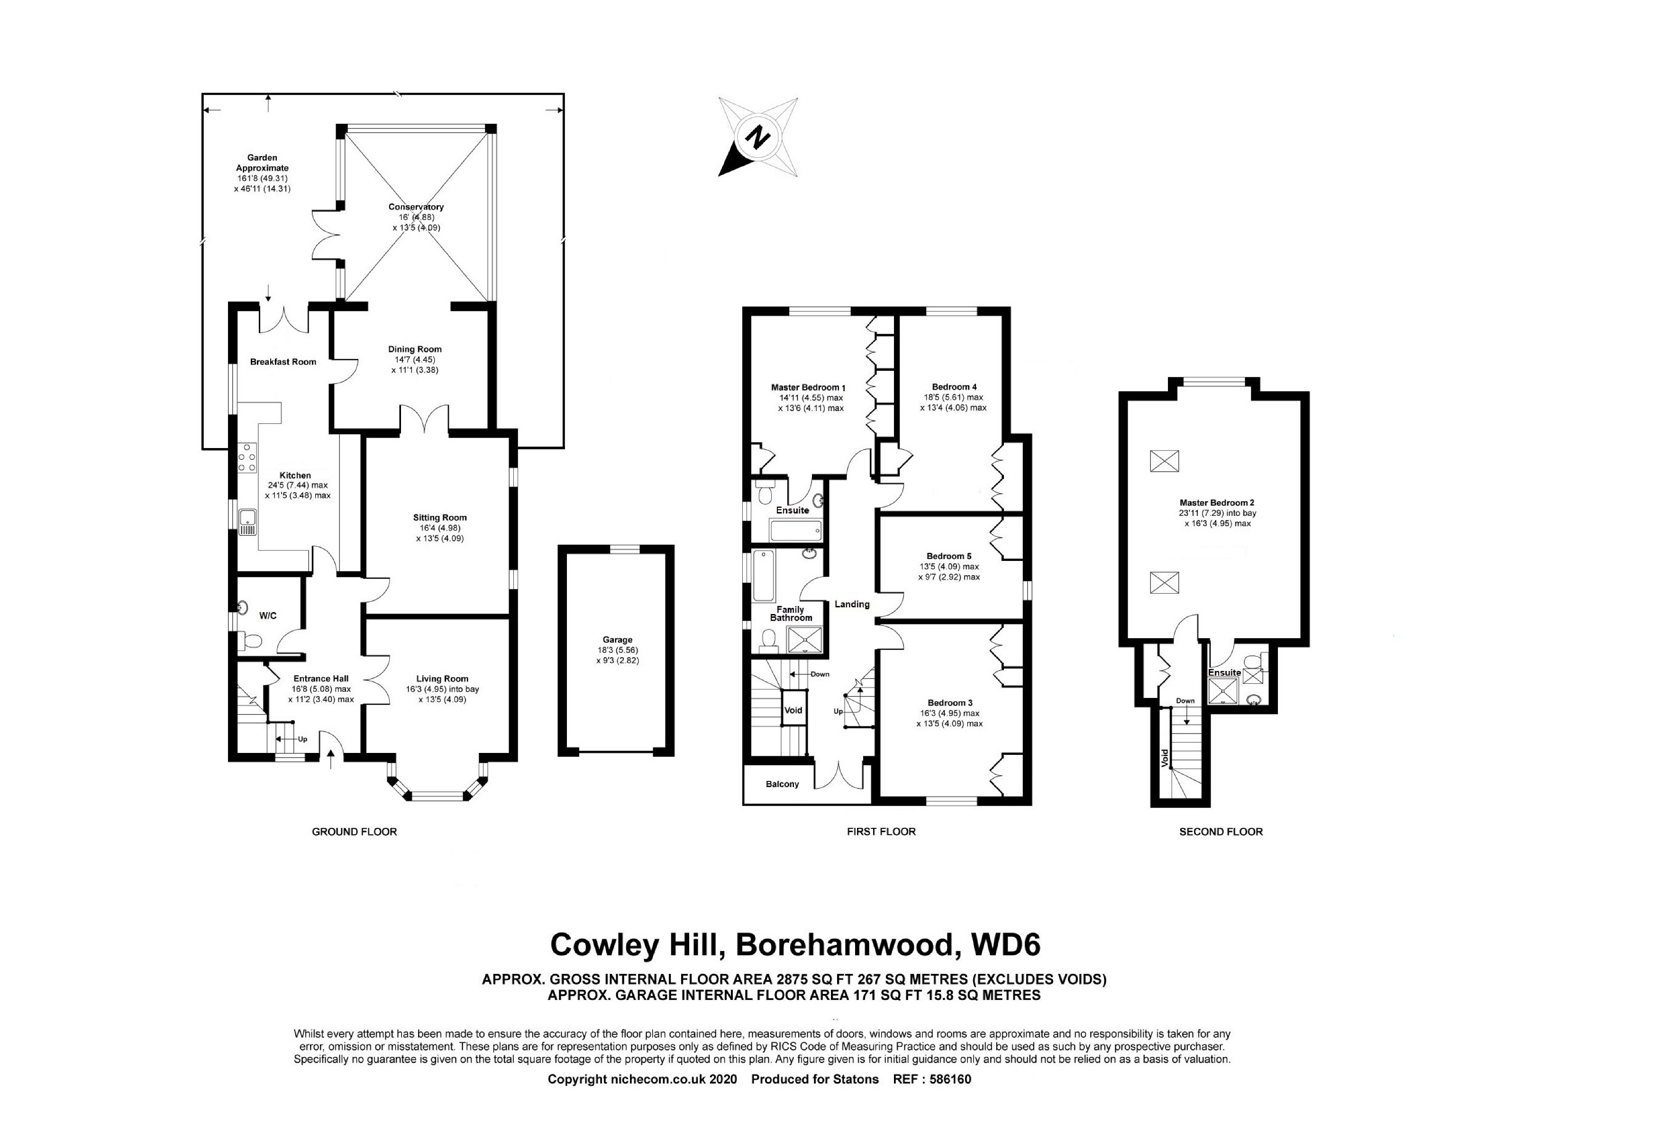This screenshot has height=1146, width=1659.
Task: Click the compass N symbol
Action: [757, 137]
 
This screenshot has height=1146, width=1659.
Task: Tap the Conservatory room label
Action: [416, 207]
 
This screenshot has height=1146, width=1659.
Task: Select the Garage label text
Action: [617, 640]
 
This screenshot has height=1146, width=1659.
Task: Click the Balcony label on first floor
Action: [782, 784]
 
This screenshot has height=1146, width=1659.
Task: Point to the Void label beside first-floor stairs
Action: [793, 710]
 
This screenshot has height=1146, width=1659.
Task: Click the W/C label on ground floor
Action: [268, 615]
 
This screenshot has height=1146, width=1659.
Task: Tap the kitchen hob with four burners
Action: [248, 458]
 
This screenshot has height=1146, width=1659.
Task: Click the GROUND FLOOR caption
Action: [354, 832]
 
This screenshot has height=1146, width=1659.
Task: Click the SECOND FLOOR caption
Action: [1221, 832]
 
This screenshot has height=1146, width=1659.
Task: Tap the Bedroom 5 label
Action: [948, 556]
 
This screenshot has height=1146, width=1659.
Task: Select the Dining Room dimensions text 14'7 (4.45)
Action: [414, 360]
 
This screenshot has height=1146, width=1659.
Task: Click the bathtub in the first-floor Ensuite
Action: [795, 532]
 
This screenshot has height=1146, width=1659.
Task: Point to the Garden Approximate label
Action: [262, 163]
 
